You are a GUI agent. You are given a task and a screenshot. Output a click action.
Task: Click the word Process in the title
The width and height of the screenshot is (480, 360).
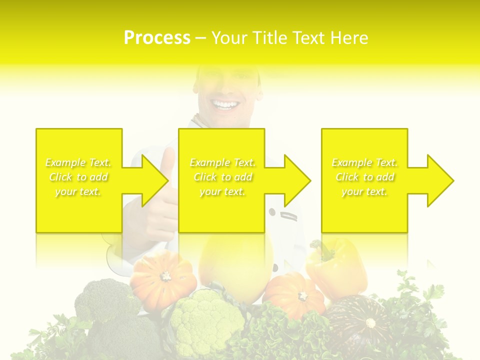(x=157, y=38)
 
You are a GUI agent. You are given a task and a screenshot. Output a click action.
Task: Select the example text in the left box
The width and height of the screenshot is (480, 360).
(x=78, y=177)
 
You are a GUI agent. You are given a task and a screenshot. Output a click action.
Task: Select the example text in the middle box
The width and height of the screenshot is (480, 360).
(x=222, y=177)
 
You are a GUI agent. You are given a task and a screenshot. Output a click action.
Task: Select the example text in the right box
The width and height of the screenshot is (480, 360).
(x=364, y=177)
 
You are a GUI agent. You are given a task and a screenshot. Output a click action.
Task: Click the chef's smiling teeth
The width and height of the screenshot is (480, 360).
(x=225, y=105)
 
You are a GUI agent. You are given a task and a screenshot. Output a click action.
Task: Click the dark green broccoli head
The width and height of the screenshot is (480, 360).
(x=102, y=300)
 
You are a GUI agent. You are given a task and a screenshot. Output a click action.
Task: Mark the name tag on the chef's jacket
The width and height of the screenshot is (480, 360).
(x=289, y=216)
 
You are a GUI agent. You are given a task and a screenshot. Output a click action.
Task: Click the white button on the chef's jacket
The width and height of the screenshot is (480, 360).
(x=272, y=212)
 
